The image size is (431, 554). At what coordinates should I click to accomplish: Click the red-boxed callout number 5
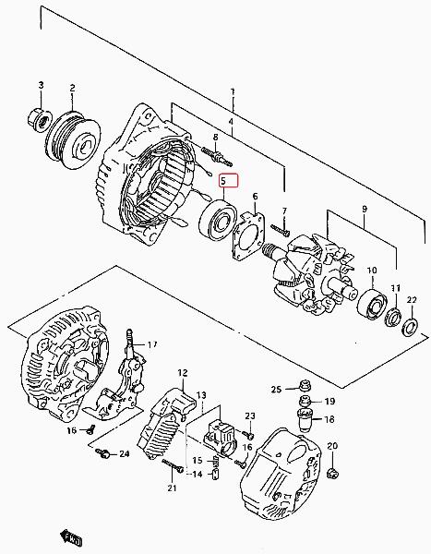pos(223,182)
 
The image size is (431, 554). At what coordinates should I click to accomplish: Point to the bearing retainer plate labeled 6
pos(248,236)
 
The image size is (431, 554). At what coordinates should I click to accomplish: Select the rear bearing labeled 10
pos(372,305)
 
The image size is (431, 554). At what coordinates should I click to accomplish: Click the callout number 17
pos(152,344)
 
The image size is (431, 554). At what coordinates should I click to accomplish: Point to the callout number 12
pos(183,372)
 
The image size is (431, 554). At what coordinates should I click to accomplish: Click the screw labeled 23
pos(247,434)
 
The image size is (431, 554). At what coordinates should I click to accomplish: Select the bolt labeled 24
pos(102,453)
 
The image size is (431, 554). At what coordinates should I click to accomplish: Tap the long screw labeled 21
pos(173,465)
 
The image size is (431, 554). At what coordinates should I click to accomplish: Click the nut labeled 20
pos(333,473)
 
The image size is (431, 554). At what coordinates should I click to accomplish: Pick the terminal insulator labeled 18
pos(305,420)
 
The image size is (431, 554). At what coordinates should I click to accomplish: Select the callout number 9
pos(365,210)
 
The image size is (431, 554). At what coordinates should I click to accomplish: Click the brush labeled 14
pos(215,476)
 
